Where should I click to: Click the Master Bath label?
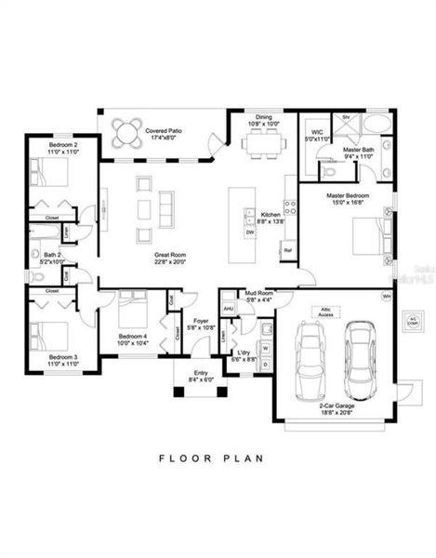point(358,154)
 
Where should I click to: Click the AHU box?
point(229,310)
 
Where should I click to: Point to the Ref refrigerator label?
point(288,249)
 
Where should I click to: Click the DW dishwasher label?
point(249,233)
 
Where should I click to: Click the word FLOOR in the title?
point(184,458)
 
